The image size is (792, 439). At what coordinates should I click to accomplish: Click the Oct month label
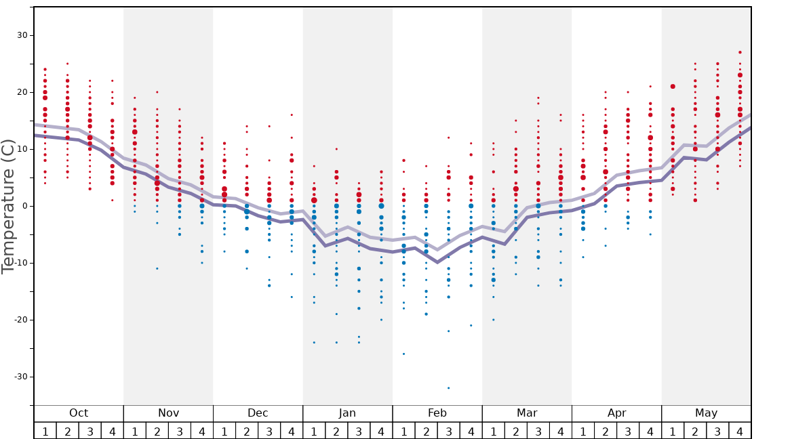tap(79, 413)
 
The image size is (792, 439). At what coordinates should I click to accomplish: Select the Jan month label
tap(347, 413)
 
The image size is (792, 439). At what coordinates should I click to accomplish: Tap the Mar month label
tap(527, 413)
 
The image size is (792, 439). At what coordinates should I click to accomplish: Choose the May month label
tap(706, 413)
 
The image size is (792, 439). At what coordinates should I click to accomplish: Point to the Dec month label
tap(258, 413)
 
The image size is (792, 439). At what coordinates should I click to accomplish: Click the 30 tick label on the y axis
tap(22, 35)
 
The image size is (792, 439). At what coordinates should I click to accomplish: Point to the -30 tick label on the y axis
tap(20, 377)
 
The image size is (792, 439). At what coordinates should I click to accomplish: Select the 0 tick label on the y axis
tap(25, 206)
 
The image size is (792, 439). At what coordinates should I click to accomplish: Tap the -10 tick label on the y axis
tap(20, 263)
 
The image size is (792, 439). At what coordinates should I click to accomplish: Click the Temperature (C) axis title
tap(8, 206)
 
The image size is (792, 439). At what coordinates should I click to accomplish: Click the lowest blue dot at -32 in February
tap(448, 388)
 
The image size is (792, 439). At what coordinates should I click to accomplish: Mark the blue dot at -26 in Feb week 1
tap(403, 354)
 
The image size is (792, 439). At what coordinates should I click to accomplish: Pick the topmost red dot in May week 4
tap(740, 52)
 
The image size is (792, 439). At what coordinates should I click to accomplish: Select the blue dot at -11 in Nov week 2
tap(157, 268)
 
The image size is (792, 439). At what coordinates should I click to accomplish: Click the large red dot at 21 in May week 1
tap(673, 87)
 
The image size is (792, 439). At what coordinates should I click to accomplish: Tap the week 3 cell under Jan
tap(359, 431)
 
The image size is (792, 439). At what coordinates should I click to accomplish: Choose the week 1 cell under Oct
tap(45, 431)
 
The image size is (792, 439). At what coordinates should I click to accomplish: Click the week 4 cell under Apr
tap(650, 431)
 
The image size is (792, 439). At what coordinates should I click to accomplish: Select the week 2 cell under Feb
tap(426, 431)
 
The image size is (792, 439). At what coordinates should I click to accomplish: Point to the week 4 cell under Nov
tap(202, 431)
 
